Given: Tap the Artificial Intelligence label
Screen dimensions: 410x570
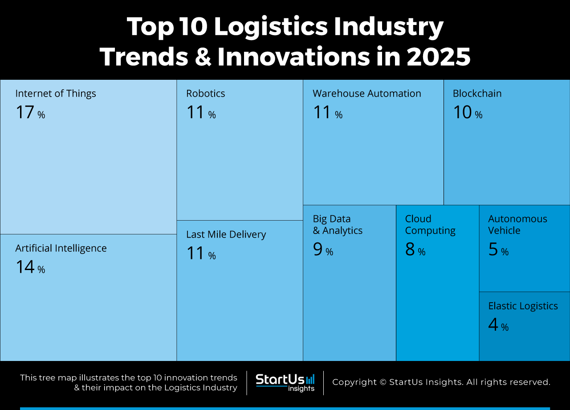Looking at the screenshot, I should pos(61,248).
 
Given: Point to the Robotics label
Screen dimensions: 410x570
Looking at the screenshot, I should pos(206,94).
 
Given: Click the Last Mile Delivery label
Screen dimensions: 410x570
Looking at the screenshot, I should pos(226,234).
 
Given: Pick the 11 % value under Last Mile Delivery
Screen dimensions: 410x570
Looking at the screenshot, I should pos(201,254).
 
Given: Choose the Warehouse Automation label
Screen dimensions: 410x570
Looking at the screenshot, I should pos(366,94).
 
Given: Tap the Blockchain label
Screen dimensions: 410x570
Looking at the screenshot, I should pos(477,94).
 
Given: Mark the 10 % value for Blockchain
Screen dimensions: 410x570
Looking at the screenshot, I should pos(468,113).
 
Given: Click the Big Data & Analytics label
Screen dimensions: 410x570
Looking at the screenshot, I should pos(337,225).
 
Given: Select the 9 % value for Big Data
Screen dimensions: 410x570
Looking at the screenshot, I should pos(323,250).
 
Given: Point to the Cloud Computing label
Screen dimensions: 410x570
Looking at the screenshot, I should pos(430,225).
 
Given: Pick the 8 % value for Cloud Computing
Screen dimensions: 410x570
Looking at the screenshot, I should pos(415,250).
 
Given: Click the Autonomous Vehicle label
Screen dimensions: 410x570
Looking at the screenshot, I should pos(517,225).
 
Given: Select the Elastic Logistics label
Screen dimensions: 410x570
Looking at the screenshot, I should pos(523,306).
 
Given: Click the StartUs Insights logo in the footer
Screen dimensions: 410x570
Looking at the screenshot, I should pos(285,383).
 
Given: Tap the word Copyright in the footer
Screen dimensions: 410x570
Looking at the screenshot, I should pos(354,382).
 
